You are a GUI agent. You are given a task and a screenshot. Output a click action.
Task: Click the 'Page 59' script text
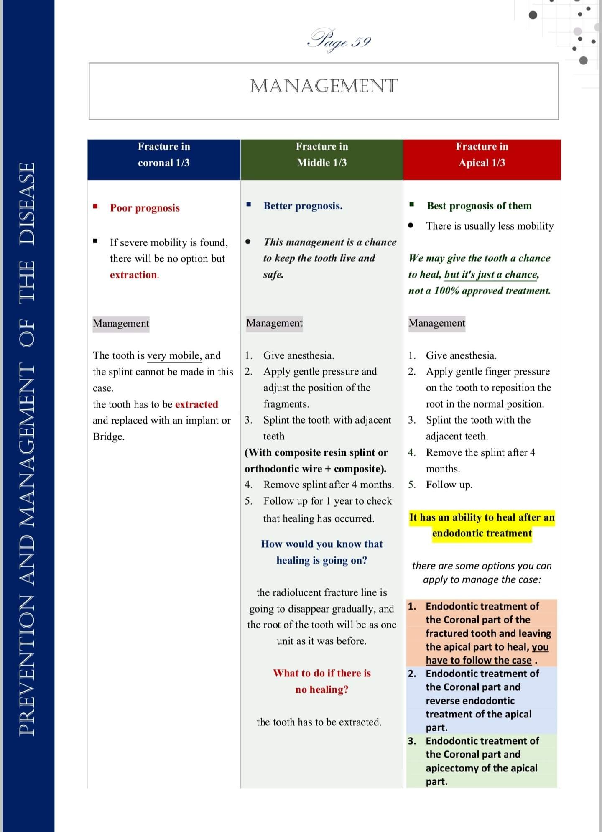pos(339,41)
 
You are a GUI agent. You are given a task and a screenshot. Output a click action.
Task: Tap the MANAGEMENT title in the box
pos(324,86)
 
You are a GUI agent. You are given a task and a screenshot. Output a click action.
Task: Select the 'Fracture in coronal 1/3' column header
pos(164,155)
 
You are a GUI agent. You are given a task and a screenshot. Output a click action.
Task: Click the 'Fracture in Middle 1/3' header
pos(321,155)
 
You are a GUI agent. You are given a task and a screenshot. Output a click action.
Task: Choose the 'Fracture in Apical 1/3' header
pos(482,155)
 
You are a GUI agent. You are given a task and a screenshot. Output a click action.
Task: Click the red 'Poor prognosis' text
pos(145,208)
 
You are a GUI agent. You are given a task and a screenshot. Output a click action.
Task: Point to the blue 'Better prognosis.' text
pos(303,206)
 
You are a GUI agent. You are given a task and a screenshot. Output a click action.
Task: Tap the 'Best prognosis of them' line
pos(479,206)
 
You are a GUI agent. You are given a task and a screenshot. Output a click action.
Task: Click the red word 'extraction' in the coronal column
pos(133,275)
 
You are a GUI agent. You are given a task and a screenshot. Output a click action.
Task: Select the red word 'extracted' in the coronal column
pos(196,404)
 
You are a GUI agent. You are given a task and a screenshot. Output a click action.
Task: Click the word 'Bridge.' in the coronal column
pos(109,436)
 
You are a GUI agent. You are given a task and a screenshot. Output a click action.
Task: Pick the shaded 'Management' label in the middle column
pos(274,323)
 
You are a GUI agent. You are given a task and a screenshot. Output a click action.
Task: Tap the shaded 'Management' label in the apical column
pos(436,323)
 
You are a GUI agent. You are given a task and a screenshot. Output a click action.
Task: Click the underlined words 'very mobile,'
pos(174,355)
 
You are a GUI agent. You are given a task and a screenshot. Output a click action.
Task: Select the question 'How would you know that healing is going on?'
pos(321,552)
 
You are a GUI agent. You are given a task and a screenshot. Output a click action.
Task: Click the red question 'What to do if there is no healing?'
pos(321,681)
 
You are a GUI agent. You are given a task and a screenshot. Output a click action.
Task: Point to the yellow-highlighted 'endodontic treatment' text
pos(482,533)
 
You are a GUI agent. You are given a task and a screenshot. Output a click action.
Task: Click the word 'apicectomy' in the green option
pos(452,768)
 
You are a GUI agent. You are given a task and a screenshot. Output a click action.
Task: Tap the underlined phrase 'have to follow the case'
pos(479,660)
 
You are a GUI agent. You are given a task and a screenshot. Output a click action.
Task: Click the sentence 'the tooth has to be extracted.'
pos(319,722)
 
